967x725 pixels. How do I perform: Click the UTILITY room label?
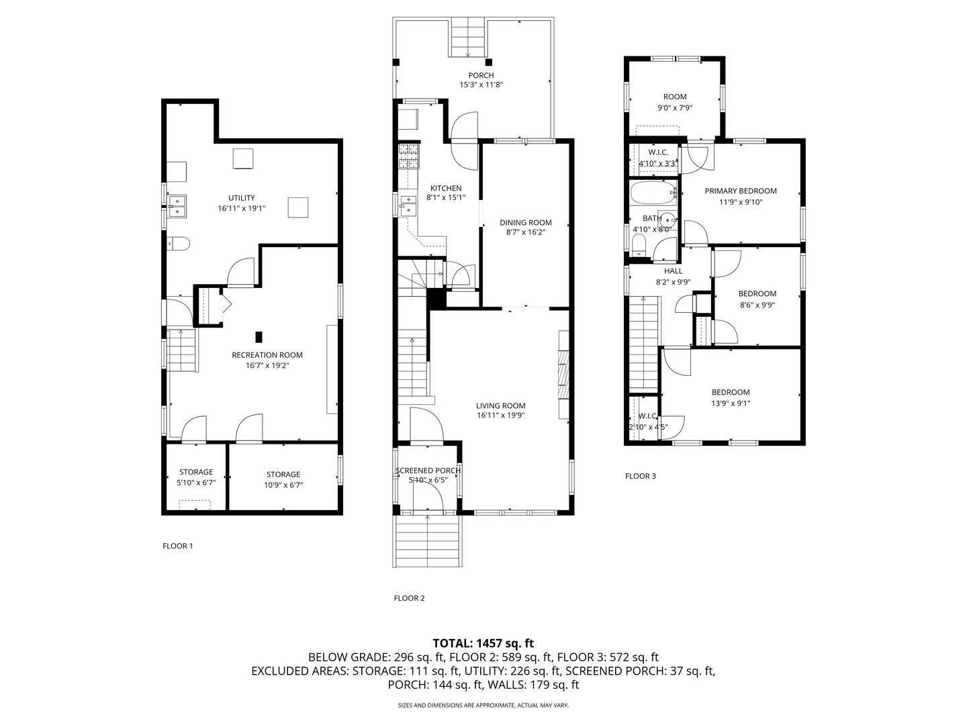pos(241,198)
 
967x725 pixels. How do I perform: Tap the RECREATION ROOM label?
pos(267,355)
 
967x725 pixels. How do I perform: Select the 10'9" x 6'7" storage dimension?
pos(283,485)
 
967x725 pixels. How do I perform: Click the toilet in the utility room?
pos(179,243)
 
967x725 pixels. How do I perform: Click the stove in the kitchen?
pos(408,156)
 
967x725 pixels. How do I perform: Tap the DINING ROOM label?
pos(525,223)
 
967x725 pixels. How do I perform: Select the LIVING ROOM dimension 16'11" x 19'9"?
pos(500,416)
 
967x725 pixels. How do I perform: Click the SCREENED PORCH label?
pos(428,471)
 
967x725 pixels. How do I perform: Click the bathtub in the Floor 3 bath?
pos(653,193)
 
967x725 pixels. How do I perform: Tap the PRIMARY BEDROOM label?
pos(740,191)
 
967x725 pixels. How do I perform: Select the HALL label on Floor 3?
pos(673,271)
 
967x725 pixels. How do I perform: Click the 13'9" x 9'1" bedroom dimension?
pos(731,403)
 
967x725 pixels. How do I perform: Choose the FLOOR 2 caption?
pos(409,598)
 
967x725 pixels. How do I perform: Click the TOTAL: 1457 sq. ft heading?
pos(483,643)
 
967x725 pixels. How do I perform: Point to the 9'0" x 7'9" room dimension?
pos(674,107)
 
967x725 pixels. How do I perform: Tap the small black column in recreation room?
pos(259,337)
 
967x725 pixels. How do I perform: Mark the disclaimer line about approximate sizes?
pos(483,706)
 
